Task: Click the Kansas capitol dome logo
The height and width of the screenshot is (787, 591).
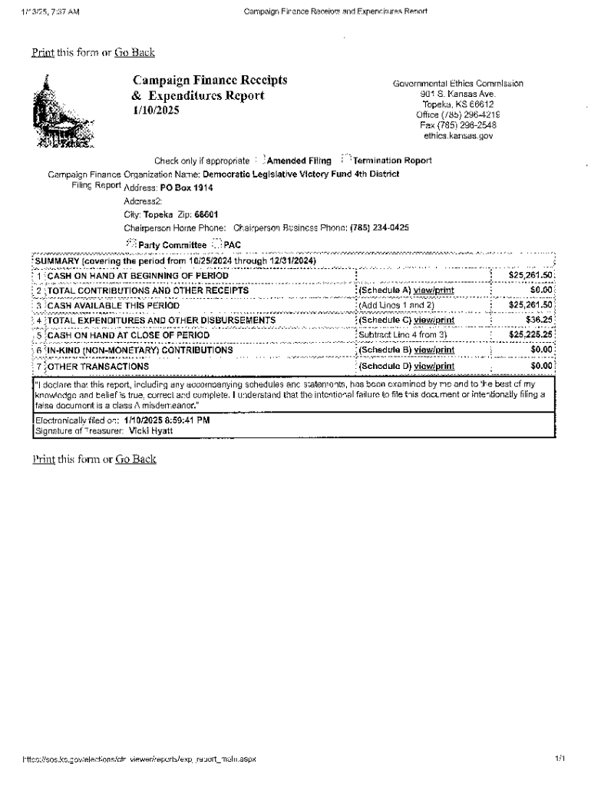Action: [x=62, y=112]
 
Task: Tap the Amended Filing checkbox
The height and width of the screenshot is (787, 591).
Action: [x=259, y=160]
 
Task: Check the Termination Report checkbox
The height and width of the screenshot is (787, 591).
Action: [x=345, y=160]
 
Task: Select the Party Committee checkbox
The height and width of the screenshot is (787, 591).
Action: [x=130, y=244]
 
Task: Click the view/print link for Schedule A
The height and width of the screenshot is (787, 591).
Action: [x=434, y=291]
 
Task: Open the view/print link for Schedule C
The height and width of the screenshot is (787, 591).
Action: [x=434, y=320]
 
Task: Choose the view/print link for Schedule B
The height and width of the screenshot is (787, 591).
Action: [x=434, y=350]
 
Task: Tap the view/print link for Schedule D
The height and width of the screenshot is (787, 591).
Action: [x=434, y=366]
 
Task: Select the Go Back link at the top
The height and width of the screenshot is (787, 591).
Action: [x=135, y=52]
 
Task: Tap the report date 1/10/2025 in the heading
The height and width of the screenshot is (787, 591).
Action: [x=156, y=111]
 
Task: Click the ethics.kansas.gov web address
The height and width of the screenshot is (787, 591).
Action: [x=458, y=135]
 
